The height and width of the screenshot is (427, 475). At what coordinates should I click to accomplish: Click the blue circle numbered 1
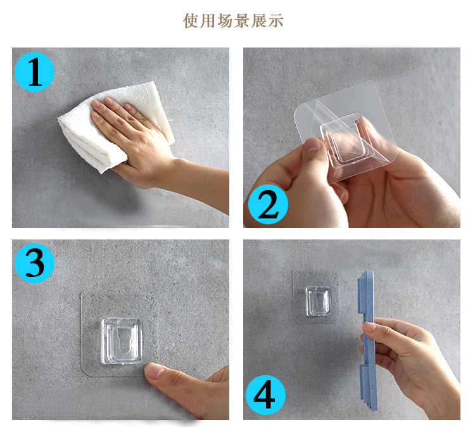point(35,72)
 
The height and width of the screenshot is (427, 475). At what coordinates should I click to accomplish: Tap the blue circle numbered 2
point(268,204)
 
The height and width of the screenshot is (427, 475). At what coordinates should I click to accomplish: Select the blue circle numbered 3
point(35,263)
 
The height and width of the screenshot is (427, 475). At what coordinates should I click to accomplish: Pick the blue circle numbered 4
point(265,395)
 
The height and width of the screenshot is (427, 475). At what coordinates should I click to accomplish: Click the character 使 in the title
point(191,21)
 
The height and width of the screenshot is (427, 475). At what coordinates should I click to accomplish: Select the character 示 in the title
point(275,21)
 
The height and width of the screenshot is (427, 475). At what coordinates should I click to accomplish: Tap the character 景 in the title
point(242,21)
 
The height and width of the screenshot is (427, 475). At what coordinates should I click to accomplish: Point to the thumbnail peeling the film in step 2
point(313,144)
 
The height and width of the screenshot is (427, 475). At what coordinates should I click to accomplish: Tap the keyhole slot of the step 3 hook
point(122,341)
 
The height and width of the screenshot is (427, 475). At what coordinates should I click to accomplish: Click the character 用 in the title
point(208,21)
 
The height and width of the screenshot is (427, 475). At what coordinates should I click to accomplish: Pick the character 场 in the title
point(225,21)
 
